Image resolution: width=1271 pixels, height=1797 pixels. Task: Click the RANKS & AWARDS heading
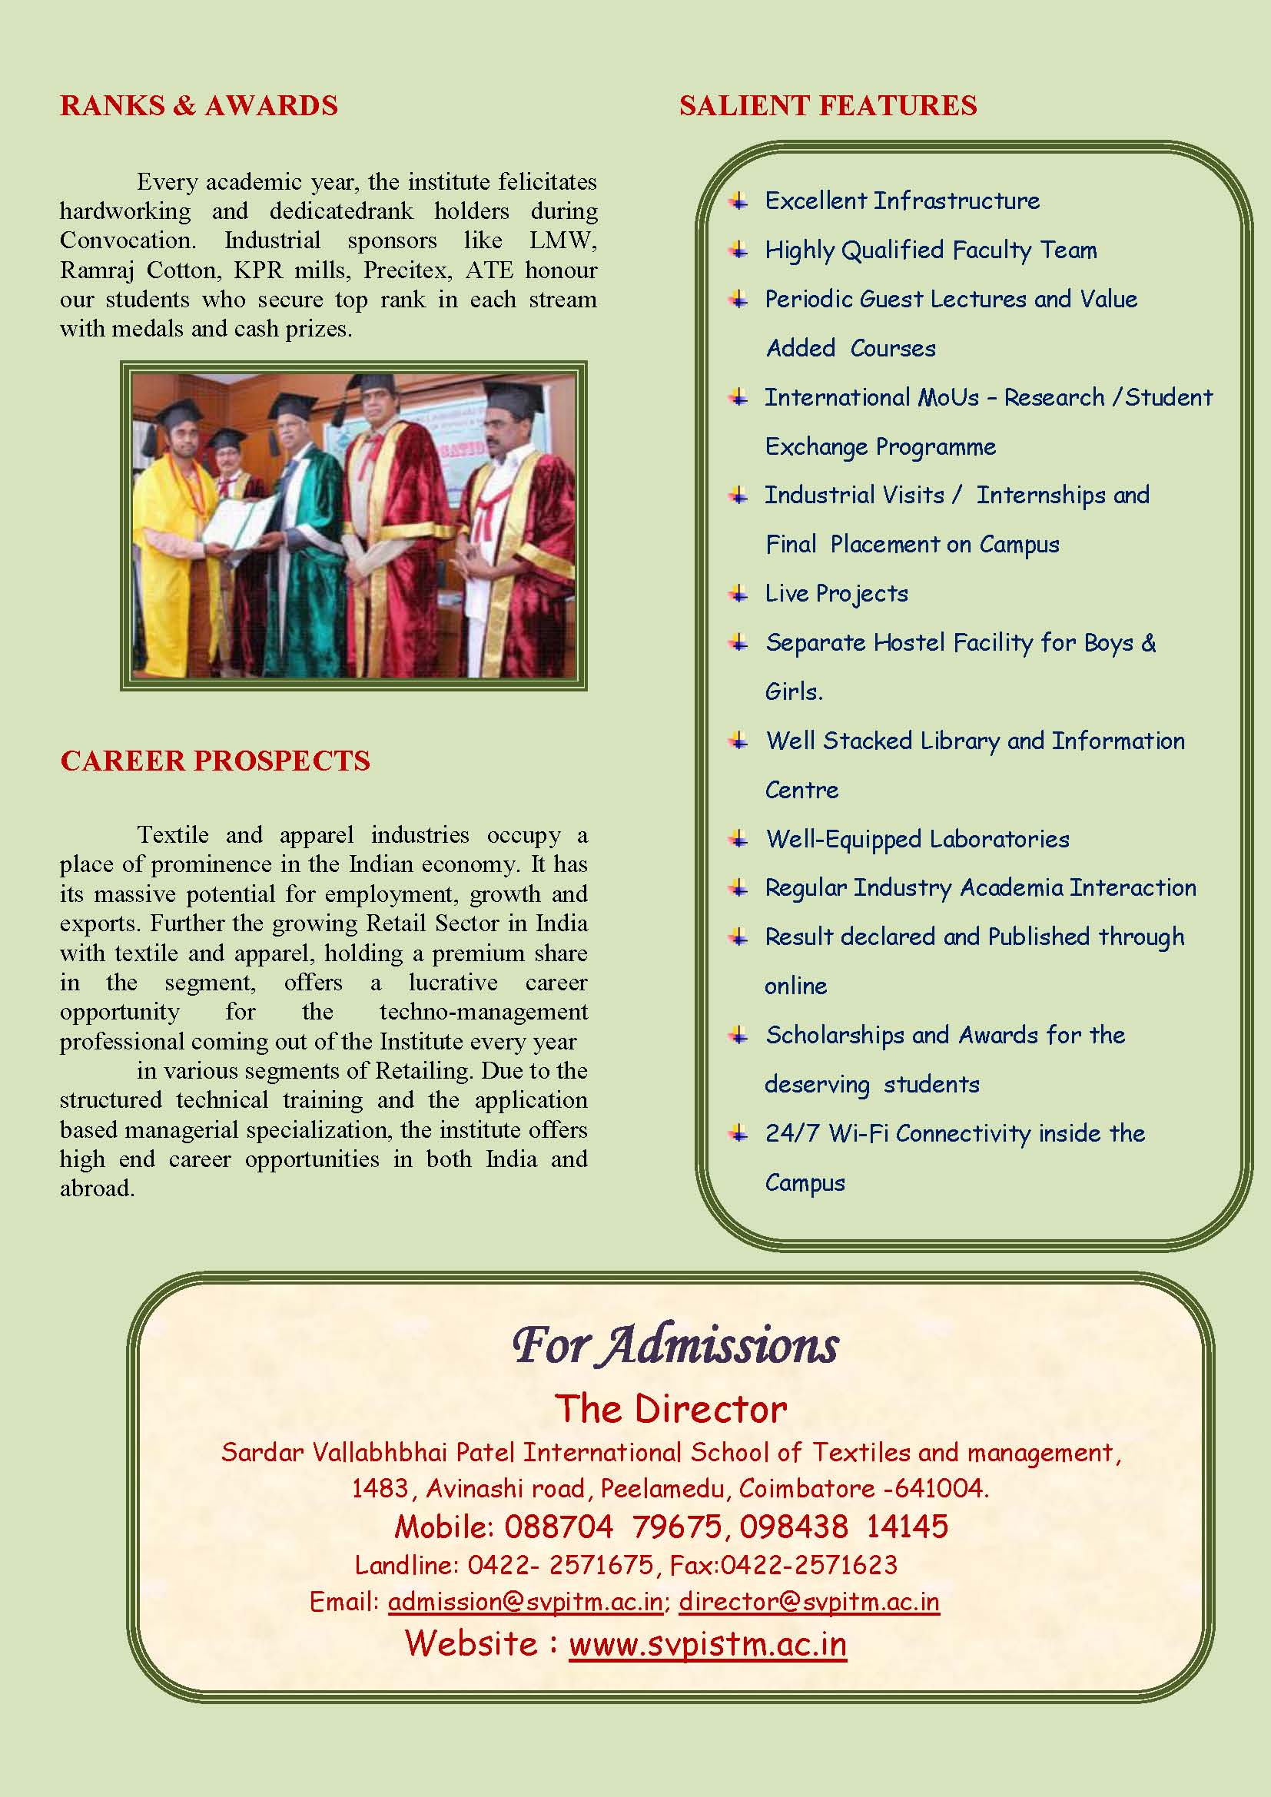(x=199, y=106)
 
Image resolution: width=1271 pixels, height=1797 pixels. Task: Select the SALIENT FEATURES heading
(x=828, y=106)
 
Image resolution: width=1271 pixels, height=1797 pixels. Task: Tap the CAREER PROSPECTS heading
(x=215, y=761)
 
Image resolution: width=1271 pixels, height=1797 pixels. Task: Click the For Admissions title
(x=675, y=1345)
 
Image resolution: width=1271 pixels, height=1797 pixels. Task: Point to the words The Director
(x=671, y=1409)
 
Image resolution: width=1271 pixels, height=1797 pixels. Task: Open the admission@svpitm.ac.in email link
(x=526, y=1601)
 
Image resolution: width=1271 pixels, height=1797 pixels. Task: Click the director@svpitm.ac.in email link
(x=808, y=1601)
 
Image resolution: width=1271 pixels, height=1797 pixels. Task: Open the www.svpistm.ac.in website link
(x=708, y=1643)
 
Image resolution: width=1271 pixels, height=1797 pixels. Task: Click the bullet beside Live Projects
(x=738, y=594)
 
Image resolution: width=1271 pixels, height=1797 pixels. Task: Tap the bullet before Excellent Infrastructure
(x=738, y=201)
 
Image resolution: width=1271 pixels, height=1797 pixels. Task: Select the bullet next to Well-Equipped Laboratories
(x=738, y=840)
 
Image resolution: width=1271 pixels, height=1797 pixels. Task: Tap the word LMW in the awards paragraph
(x=562, y=240)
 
